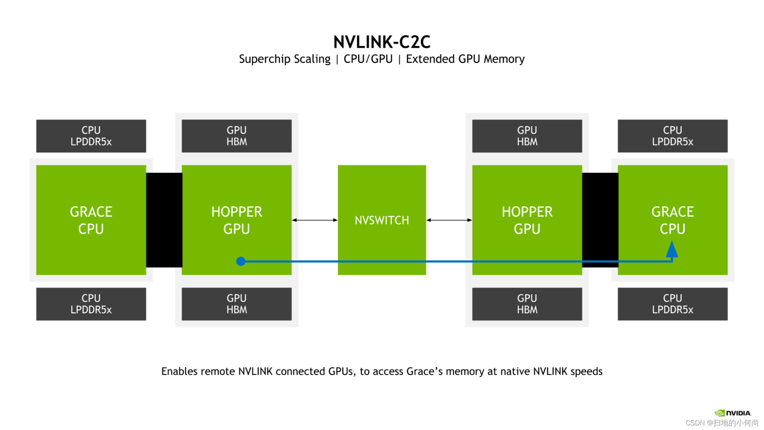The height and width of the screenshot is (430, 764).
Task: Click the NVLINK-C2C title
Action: [382, 42]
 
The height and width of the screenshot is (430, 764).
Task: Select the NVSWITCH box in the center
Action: [382, 220]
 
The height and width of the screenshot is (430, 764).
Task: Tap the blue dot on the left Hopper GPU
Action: [241, 261]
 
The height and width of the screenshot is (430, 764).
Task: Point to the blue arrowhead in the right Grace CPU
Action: [672, 249]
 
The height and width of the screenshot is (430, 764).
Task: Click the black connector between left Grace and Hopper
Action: [164, 220]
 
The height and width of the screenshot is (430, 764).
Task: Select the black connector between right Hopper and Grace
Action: [600, 220]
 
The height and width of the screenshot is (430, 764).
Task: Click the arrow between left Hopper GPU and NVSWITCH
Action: [315, 220]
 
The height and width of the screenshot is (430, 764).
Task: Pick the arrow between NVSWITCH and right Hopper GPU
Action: [449, 220]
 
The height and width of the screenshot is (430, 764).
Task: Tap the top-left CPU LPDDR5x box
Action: [91, 136]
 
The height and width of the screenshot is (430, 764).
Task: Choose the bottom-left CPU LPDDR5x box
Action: [91, 304]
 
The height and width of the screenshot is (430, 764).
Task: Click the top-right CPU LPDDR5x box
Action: [673, 136]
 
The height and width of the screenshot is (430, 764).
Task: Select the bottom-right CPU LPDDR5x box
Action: [673, 304]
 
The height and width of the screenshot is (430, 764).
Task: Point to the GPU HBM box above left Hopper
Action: [237, 136]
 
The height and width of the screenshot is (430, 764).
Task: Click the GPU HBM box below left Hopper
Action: [237, 304]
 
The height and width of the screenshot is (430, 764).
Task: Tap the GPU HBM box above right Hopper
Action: [527, 136]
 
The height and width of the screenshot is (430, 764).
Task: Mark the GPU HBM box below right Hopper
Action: [527, 304]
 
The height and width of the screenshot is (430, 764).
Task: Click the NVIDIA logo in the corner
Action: [733, 413]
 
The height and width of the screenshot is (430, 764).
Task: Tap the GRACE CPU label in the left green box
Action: [91, 220]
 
